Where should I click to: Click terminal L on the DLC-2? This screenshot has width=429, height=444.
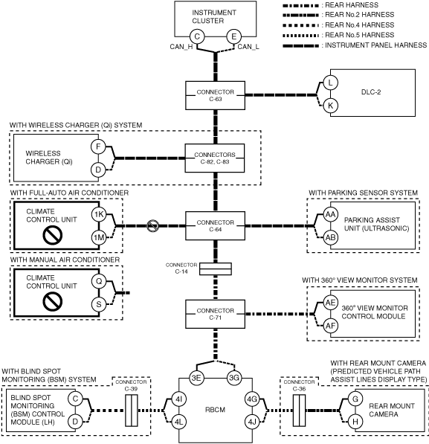[330, 83]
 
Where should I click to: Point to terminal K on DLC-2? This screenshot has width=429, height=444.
[330, 106]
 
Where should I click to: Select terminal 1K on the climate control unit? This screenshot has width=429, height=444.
[99, 214]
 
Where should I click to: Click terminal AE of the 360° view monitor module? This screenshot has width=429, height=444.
[330, 303]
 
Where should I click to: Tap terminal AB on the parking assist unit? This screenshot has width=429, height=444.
[330, 237]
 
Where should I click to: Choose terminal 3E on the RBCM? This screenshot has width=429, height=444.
[196, 378]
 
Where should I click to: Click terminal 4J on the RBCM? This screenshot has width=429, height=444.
[252, 422]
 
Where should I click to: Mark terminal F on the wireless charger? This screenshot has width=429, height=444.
[98, 147]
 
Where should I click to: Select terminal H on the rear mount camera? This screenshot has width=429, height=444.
[355, 422]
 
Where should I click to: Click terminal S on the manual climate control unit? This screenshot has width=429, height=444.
[99, 304]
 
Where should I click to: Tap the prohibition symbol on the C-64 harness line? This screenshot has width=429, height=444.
[152, 226]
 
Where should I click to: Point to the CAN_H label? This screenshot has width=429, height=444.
[181, 47]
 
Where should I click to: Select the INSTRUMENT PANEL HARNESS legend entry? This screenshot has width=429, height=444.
[355, 45]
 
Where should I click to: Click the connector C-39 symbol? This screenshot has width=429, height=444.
[132, 411]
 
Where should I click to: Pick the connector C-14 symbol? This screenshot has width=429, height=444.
[216, 269]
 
